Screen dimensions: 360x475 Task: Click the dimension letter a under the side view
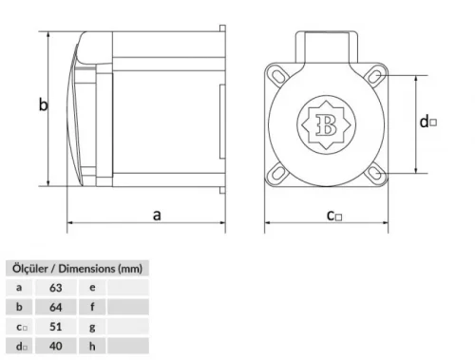(157, 215)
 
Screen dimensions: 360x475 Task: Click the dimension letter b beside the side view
(43, 105)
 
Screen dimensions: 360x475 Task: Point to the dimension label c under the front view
(333, 216)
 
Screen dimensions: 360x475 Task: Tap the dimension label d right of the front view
(427, 121)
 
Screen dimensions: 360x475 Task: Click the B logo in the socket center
(327, 123)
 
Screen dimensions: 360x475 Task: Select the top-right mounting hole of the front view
(372, 75)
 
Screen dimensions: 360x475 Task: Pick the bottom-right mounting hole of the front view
(372, 172)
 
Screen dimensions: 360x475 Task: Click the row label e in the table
(91, 286)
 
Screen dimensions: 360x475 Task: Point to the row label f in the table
(91, 306)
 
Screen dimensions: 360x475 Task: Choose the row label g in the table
(91, 326)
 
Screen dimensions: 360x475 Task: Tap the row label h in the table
(91, 347)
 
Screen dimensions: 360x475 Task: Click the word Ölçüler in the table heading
(28, 267)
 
